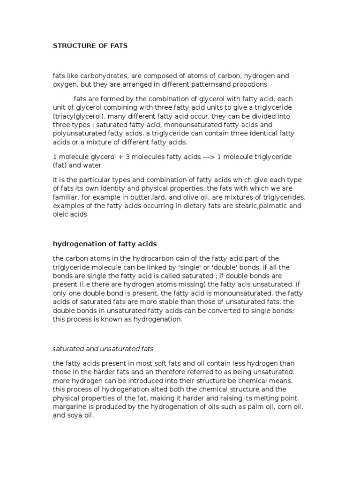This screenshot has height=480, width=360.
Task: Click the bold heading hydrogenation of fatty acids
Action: click(105, 244)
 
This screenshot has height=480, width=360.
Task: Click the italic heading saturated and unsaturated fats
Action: click(103, 349)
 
